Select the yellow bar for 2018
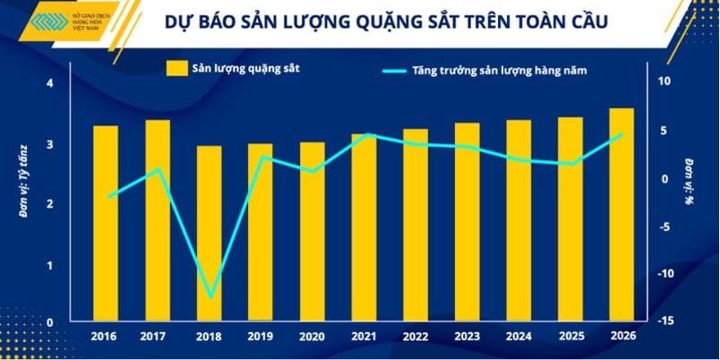pyautogui.click(x=209, y=233)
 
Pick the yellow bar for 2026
pyautogui.click(x=621, y=214)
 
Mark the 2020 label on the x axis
pyautogui.click(x=312, y=336)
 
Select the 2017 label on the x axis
pyautogui.click(x=157, y=336)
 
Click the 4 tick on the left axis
pyautogui.click(x=50, y=83)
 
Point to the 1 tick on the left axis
pyautogui.click(x=50, y=263)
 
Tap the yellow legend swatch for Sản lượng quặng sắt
pyautogui.click(x=176, y=67)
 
